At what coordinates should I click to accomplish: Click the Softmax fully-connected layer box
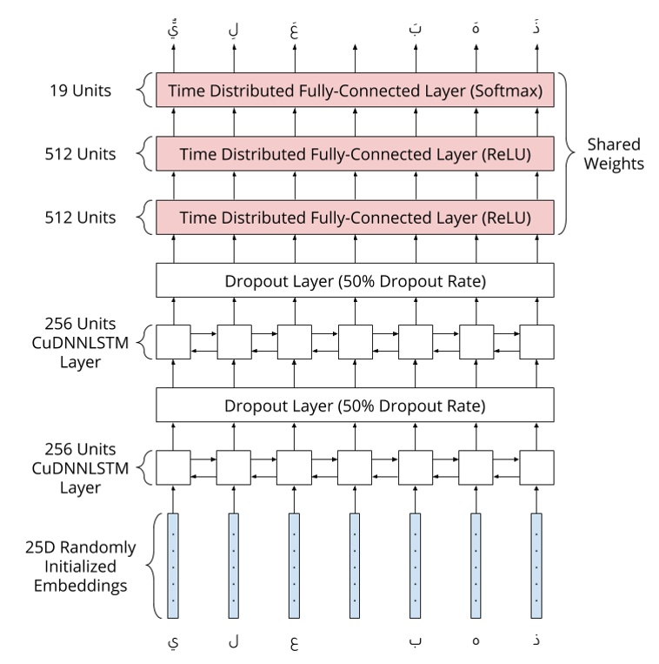(354, 91)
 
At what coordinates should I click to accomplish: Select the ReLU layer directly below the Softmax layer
(354, 153)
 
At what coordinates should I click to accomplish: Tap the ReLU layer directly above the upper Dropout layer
(354, 217)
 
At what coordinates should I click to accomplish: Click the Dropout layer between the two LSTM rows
(354, 406)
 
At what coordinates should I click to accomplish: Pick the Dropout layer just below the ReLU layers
(354, 281)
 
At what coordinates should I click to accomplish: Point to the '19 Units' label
(79, 91)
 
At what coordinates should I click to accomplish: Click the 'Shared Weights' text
(613, 154)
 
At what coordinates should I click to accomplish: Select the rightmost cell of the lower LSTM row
(536, 468)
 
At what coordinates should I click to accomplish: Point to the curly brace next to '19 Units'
(143, 91)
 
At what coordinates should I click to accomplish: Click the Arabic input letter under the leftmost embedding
(172, 642)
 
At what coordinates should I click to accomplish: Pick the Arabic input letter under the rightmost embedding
(536, 641)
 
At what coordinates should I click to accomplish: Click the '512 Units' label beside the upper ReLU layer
(79, 154)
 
